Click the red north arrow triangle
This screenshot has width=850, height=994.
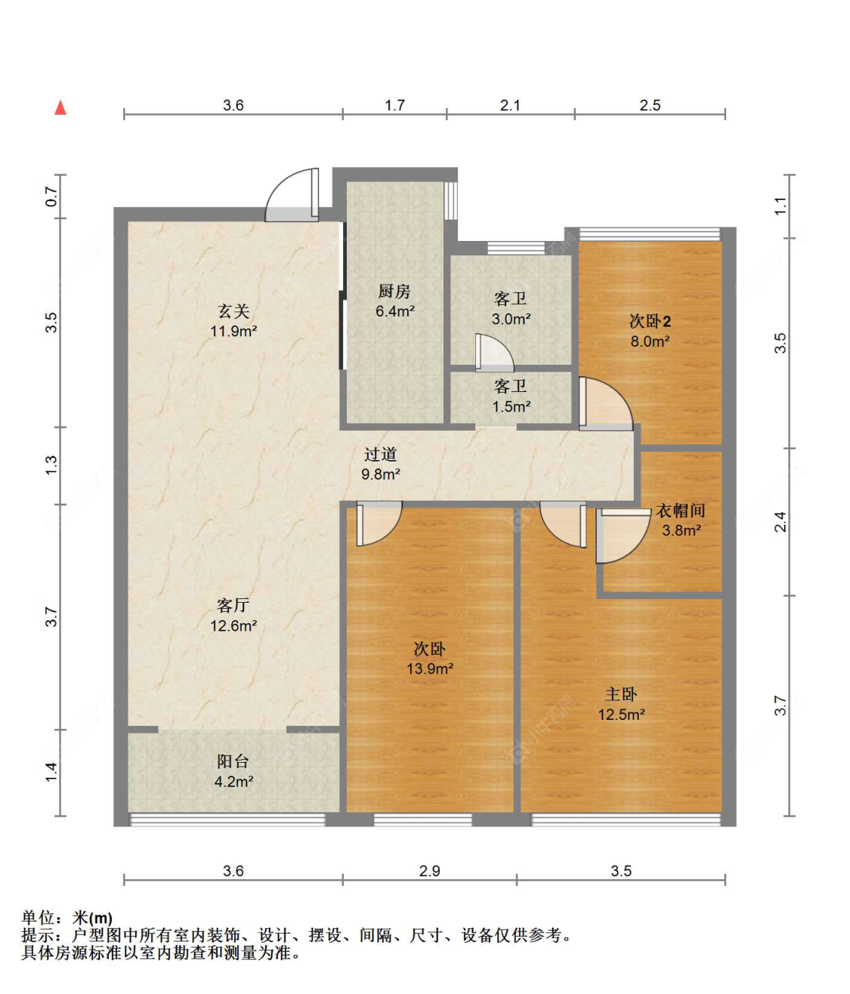click(x=60, y=108)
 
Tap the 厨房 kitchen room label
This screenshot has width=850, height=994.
click(x=394, y=291)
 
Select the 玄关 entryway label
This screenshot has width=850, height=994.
click(x=233, y=311)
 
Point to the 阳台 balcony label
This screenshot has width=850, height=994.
click(x=233, y=761)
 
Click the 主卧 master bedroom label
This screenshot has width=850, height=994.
click(x=621, y=694)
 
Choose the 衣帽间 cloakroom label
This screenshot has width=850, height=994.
click(x=681, y=511)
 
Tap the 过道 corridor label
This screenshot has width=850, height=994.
click(x=381, y=454)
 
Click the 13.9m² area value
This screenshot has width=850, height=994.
click(x=430, y=668)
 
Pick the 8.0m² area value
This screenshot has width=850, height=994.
click(x=650, y=341)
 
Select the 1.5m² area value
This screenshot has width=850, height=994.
click(x=511, y=406)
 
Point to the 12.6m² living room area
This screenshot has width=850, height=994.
click(x=233, y=625)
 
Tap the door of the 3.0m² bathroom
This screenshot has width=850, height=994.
click(x=494, y=353)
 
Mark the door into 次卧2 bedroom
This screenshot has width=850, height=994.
click(x=606, y=404)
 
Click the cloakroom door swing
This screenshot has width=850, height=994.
click(x=623, y=536)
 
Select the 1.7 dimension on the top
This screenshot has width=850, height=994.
click(x=395, y=105)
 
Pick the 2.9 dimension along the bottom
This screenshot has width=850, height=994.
click(x=430, y=871)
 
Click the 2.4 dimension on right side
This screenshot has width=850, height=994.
click(x=780, y=522)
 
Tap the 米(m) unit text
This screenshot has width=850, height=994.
click(x=92, y=918)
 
